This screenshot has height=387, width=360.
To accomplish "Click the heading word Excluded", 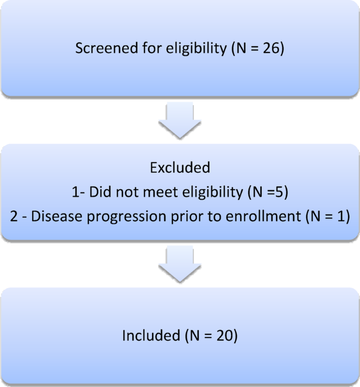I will pyautogui.click(x=180, y=168).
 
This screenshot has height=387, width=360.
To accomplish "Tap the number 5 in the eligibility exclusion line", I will pyautogui.click(x=282, y=192).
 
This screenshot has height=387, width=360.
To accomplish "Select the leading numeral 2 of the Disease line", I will pyautogui.click(x=14, y=217).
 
